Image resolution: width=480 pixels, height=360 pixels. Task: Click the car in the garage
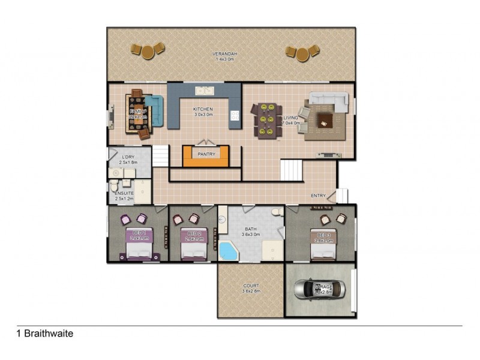(320, 289)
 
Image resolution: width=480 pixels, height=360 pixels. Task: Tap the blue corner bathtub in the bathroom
(228, 250)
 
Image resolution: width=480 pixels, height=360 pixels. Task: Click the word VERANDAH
(225, 55)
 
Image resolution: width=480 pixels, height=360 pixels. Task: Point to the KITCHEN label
(203, 109)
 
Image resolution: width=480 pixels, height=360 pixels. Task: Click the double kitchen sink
(205, 91)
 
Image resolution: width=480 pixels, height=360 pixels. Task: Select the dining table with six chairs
(266, 120)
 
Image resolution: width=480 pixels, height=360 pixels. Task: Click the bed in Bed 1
(139, 246)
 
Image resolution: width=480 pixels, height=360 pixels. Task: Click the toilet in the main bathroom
(274, 213)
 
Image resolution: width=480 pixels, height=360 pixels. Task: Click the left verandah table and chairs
(147, 50)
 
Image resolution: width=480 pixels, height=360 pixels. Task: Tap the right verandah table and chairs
(302, 53)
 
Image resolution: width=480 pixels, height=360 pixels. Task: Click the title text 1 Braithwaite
(45, 333)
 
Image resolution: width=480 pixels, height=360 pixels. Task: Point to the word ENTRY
(318, 196)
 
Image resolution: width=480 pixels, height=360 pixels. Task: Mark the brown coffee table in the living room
(325, 120)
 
